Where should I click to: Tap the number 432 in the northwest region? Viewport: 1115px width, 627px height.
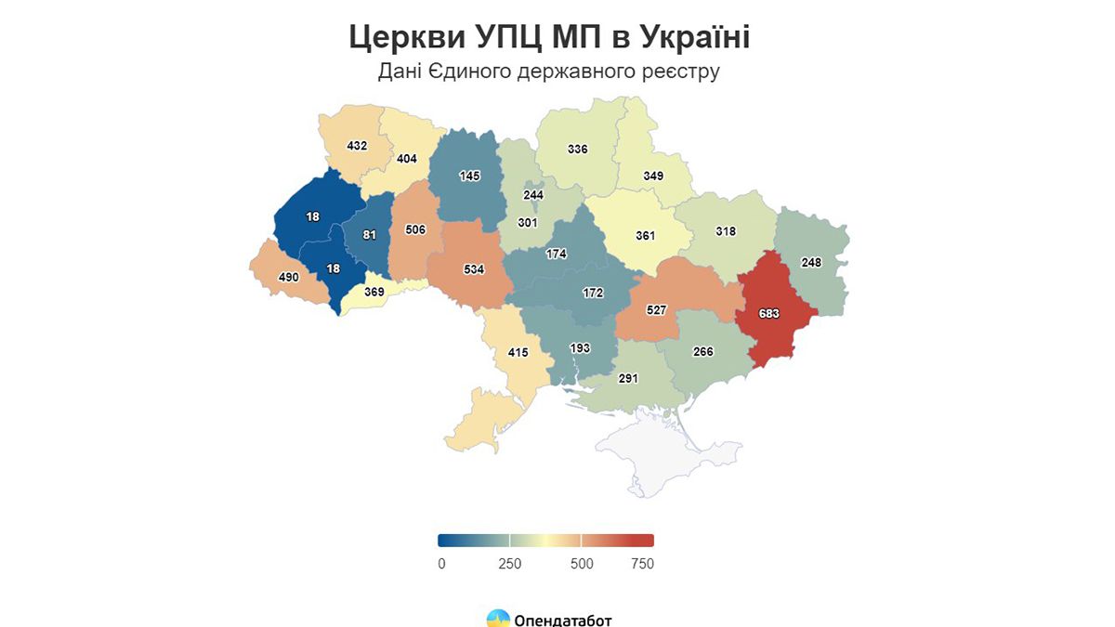point(357,146)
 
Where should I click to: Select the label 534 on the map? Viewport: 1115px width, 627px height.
point(474,270)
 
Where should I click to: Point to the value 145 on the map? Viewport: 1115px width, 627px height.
point(468,176)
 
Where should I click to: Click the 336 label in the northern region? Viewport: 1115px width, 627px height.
point(578,149)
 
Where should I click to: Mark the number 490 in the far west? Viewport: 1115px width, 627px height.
point(289,277)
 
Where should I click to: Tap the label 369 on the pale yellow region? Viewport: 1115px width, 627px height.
point(374,292)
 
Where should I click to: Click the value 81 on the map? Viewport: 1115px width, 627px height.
point(370,235)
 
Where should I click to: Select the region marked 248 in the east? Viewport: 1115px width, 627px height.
point(811,263)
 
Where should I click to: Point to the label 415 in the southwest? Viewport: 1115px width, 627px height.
point(518,353)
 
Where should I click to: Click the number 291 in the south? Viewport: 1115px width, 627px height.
point(628,379)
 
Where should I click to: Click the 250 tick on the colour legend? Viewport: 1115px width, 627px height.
point(509,564)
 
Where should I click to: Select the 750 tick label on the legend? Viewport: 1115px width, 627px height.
point(641,564)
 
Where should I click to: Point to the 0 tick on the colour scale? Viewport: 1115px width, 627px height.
point(441,564)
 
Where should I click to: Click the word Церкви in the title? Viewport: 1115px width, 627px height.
point(407,38)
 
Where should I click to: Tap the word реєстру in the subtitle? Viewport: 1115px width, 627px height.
point(685,72)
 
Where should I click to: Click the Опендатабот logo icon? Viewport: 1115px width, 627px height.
point(498,619)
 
